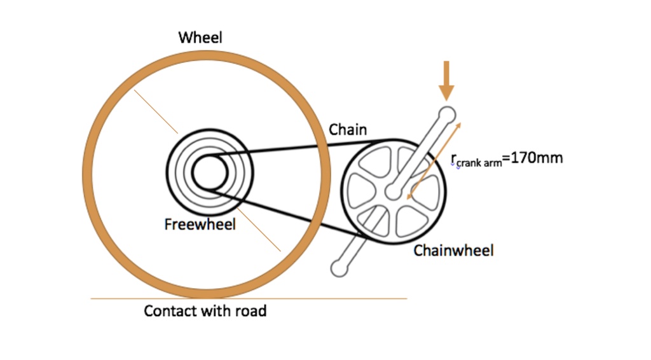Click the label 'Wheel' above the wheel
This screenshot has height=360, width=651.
coord(200,38)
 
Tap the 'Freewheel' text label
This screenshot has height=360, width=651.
coord(200,225)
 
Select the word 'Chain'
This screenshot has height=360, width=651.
coord(348,130)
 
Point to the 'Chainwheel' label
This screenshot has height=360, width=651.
coord(453,251)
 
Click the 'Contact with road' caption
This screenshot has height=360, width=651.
coord(205,311)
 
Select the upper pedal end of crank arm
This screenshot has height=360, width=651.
coord(447,114)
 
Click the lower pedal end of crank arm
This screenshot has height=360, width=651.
coord(340,268)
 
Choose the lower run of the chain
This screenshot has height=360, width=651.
coord(286,211)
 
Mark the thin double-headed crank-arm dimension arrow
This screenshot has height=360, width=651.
coord(434,160)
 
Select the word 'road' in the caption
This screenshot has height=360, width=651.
coord(251,311)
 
